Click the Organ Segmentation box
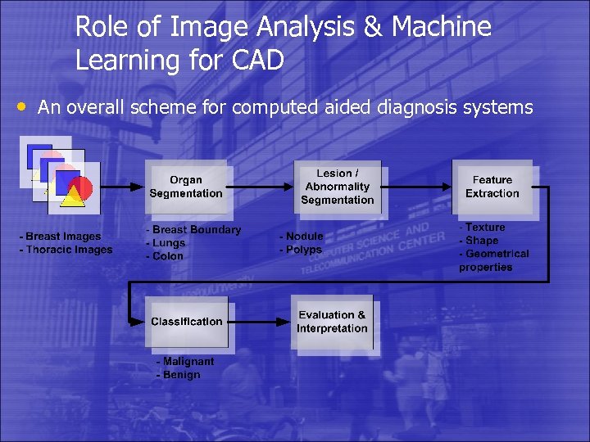(x=186, y=187)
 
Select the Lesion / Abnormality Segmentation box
(x=337, y=187)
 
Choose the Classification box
(x=186, y=322)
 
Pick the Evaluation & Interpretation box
(x=332, y=322)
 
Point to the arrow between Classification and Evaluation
(x=260, y=322)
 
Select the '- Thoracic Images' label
(x=66, y=250)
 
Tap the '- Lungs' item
(x=166, y=243)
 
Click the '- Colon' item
(x=165, y=256)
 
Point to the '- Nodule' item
(x=302, y=237)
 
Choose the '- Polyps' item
(x=301, y=250)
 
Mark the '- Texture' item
(x=483, y=228)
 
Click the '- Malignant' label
(x=185, y=361)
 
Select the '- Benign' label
(x=179, y=375)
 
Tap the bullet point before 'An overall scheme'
(x=23, y=106)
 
